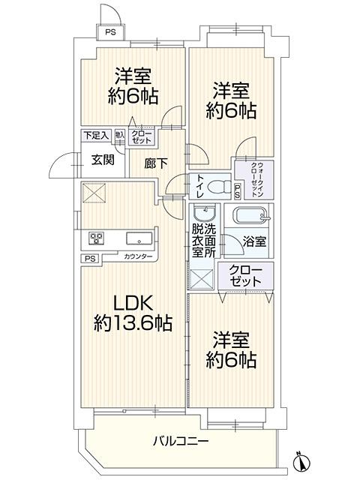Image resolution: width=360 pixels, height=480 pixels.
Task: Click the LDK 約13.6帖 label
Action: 133,313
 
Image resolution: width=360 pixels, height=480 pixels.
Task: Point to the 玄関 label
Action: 103,159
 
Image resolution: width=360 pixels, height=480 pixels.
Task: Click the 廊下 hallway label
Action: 146,162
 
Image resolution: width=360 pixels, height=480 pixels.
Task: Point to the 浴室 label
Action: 254,242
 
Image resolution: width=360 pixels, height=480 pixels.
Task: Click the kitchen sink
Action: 139,239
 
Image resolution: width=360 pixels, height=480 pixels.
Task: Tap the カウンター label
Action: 139,257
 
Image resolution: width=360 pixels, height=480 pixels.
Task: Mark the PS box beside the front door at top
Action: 110,32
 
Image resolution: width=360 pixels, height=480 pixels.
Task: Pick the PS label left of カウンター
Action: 90,258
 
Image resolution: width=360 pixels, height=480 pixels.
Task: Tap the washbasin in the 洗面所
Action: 210,213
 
